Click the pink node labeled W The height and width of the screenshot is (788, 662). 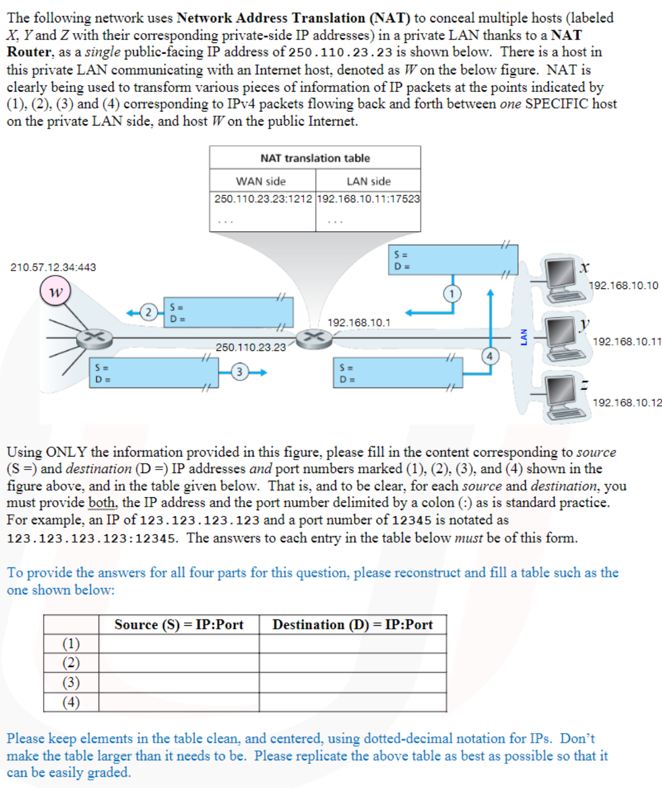(55, 291)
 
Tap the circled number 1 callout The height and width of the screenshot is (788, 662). (452, 293)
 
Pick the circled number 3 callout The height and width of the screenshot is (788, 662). (239, 372)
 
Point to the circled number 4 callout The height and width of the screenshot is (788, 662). (489, 356)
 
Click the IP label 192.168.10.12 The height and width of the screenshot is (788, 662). (627, 403)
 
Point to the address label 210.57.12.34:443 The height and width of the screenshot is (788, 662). (53, 267)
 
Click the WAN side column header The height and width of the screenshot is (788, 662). (261, 181)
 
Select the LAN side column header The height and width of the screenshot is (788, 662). (368, 181)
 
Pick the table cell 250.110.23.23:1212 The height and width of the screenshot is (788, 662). (263, 199)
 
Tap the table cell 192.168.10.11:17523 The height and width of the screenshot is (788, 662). (368, 199)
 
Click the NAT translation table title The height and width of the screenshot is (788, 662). (315, 158)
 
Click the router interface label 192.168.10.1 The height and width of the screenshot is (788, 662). (358, 323)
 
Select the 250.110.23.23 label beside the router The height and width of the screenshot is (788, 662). (251, 347)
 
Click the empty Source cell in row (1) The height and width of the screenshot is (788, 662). (179, 643)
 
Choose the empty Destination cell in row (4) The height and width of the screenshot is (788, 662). (353, 702)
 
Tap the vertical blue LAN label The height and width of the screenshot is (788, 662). (523, 337)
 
